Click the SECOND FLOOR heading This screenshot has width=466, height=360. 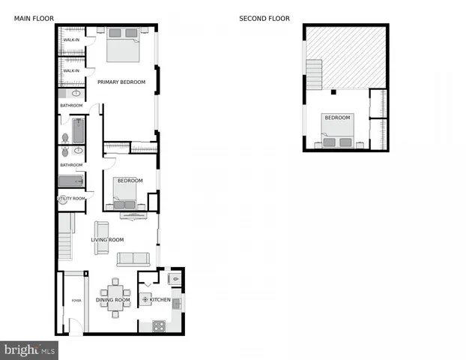[x=264, y=19]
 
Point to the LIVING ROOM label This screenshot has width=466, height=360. [x=107, y=240]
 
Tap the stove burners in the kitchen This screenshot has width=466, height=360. [x=158, y=325]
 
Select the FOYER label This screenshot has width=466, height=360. [x=76, y=300]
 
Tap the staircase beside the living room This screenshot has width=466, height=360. [x=66, y=233]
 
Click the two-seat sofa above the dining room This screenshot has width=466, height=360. [x=133, y=259]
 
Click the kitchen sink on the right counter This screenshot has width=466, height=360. [x=178, y=303]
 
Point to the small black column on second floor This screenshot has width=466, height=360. [x=333, y=92]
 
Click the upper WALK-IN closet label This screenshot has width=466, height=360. [x=71, y=40]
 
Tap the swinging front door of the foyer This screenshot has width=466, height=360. [x=73, y=325]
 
